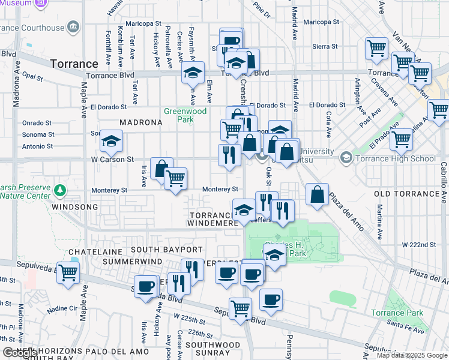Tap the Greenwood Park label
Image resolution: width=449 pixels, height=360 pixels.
185,115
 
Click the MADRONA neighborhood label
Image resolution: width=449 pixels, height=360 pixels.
140,122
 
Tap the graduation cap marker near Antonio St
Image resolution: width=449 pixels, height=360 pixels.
111,141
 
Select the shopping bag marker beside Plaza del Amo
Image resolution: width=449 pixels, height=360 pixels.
317,194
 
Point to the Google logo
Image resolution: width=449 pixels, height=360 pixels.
19,353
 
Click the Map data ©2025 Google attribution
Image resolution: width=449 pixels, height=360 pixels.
412,355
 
